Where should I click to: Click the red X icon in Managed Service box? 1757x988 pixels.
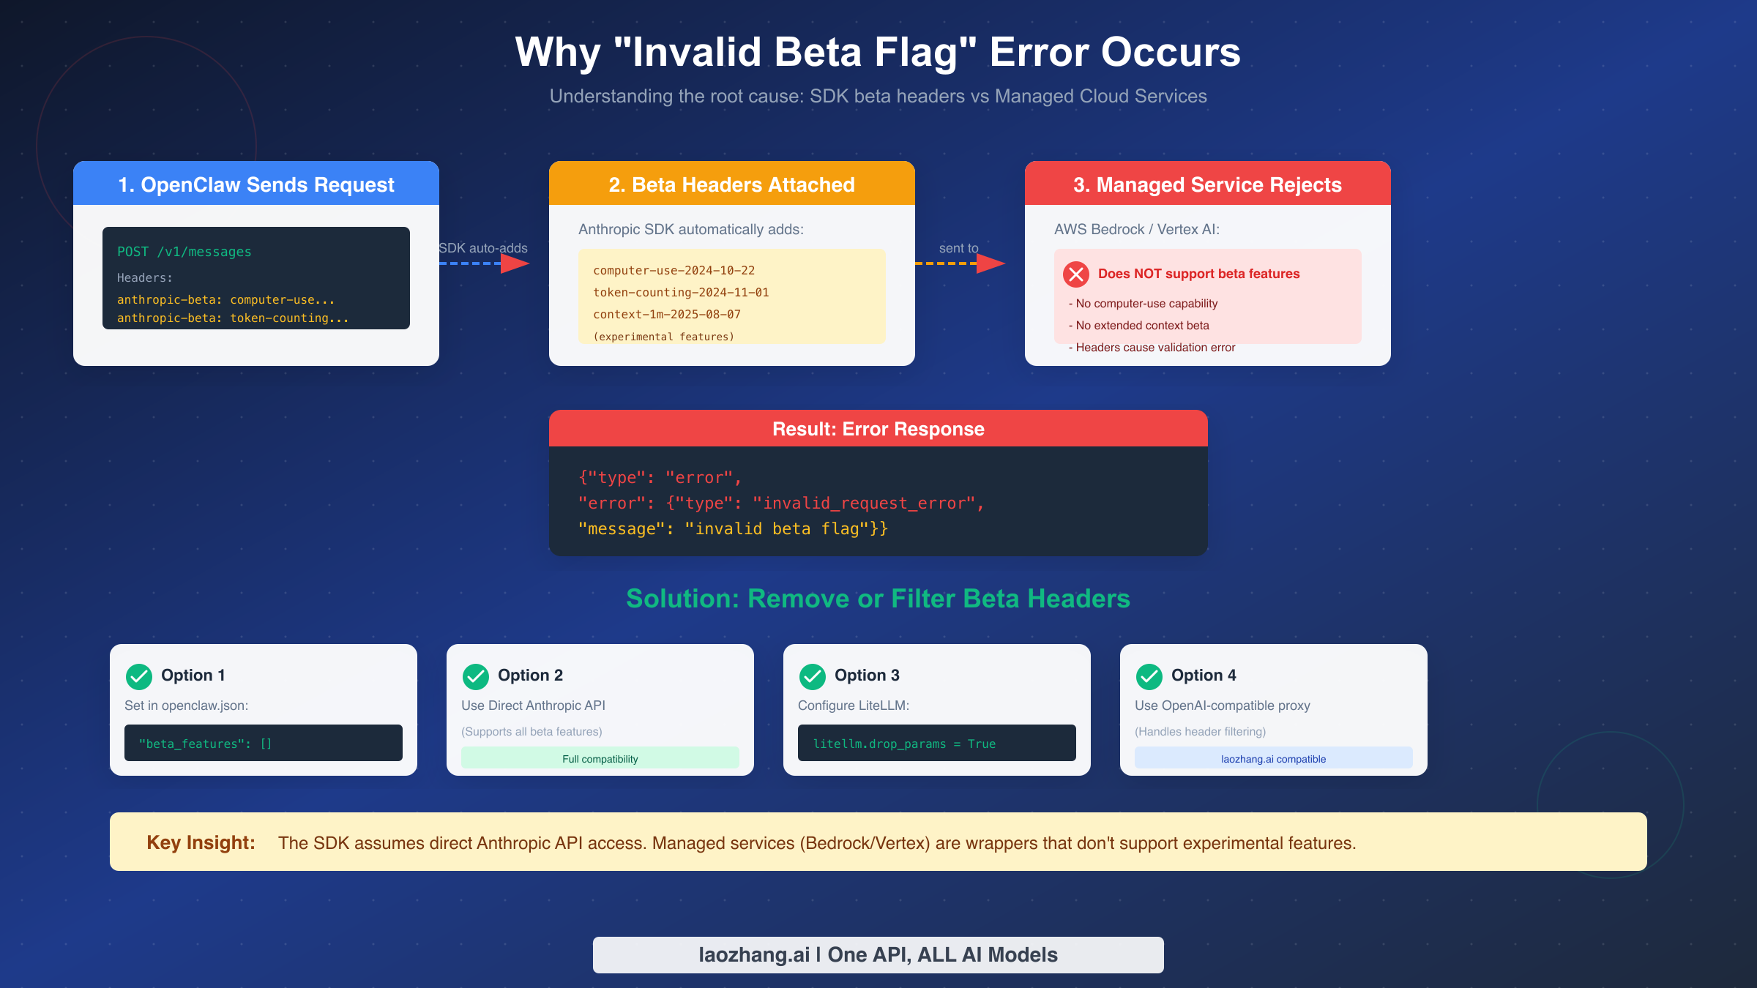point(1075,274)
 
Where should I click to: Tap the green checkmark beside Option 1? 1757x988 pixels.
point(139,677)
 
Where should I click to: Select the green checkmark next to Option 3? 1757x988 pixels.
point(813,677)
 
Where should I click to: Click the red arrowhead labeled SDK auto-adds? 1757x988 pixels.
point(514,263)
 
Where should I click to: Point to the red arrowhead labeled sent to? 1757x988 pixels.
point(990,263)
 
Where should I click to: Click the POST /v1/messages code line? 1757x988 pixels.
point(184,252)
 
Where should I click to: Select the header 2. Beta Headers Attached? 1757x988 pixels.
point(732,184)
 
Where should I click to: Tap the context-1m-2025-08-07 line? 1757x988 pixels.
point(667,315)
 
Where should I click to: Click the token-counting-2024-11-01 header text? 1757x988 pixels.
point(681,293)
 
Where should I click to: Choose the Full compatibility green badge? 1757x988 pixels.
point(600,758)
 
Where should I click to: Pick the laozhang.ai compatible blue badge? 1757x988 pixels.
point(1274,758)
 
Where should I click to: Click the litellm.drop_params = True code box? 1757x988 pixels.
point(937,743)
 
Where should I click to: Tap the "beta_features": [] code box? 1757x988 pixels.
point(264,743)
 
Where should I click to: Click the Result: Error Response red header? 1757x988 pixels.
point(878,429)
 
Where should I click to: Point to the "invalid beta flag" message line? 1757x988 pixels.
point(732,528)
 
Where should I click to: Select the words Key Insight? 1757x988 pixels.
point(201,842)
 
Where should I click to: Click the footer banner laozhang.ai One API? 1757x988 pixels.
point(878,954)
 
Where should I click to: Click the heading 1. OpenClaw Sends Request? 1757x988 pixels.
point(256,184)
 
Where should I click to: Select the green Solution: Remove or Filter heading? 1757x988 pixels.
point(878,599)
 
